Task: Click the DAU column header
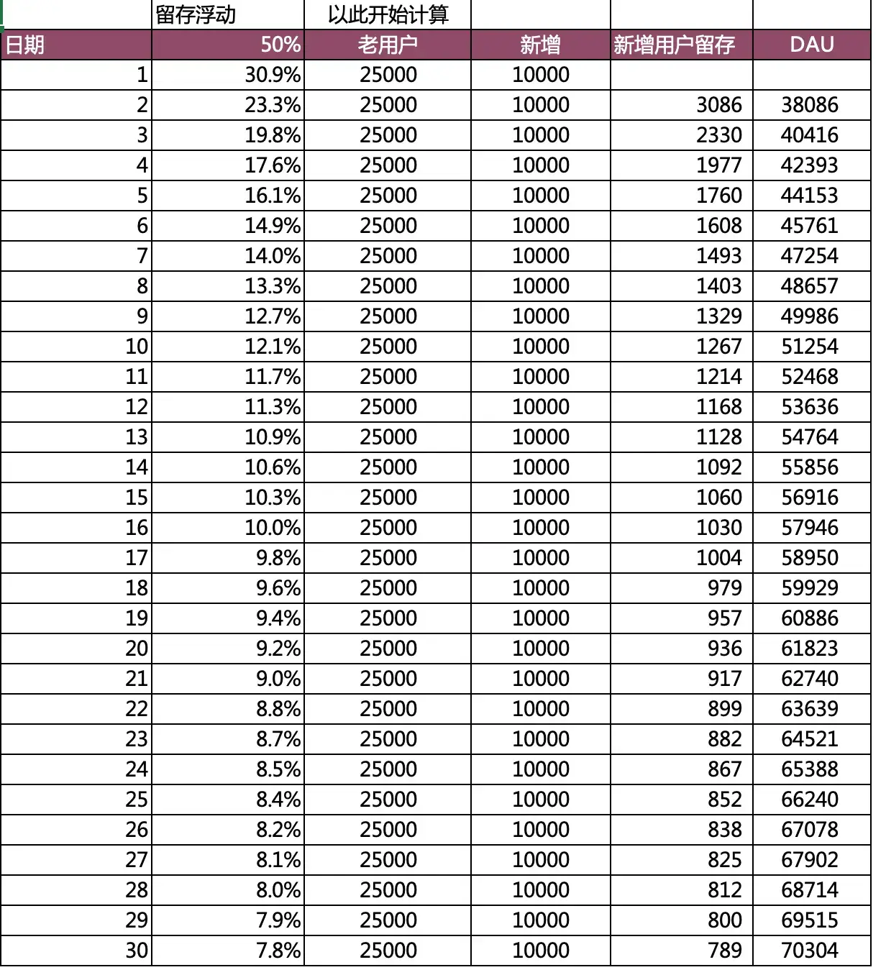[811, 45]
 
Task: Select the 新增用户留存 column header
[674, 45]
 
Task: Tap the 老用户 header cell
[388, 45]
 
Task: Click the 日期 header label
[25, 45]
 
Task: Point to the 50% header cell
[280, 45]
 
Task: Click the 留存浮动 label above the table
[196, 15]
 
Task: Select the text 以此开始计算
[388, 15]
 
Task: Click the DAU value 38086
[809, 105]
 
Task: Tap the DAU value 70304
[809, 951]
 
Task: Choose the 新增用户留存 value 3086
[718, 105]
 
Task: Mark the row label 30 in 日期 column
[137, 951]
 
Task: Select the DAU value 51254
[809, 347]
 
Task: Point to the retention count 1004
[718, 558]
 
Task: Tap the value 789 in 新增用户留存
[724, 951]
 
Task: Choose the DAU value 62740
[809, 679]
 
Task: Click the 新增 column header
[540, 45]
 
